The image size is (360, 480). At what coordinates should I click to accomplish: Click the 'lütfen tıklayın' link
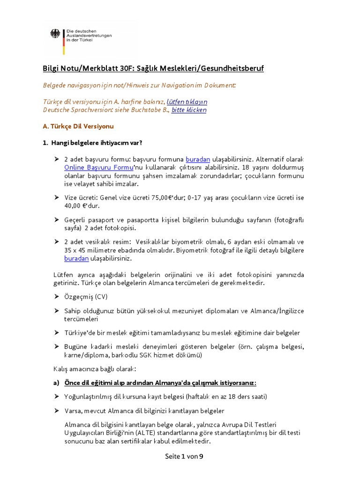coord(187,101)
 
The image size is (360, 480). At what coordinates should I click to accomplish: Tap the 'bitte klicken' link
coord(188,110)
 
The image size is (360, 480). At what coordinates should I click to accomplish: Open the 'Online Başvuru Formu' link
coord(98,167)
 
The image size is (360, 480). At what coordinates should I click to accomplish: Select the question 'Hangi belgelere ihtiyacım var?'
coord(96,142)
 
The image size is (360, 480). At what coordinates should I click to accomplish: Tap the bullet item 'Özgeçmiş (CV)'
coord(85,297)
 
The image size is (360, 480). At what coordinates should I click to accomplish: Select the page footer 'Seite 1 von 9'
coord(184,456)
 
